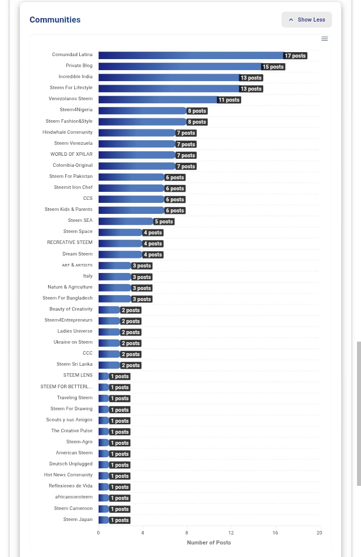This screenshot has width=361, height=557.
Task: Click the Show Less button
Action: point(307,20)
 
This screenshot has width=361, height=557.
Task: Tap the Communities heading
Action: point(55,20)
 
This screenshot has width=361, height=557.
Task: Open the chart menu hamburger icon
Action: point(324,39)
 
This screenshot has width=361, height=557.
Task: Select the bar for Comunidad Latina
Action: point(191,55)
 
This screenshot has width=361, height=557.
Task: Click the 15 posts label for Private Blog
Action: point(273,67)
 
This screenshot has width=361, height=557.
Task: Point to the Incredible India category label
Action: point(75,77)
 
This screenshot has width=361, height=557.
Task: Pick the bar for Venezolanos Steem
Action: point(157,99)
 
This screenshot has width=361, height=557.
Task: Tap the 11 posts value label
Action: point(229,100)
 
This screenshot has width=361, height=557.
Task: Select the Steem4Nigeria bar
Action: point(142,110)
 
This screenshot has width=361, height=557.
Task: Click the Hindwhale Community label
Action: point(67,132)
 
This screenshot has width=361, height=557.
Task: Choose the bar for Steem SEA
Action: point(125,221)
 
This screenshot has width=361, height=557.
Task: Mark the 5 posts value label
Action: point(164,221)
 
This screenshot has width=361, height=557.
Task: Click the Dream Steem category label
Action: point(77,254)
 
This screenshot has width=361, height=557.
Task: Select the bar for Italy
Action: point(114,276)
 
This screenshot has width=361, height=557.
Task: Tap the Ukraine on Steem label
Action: point(73,342)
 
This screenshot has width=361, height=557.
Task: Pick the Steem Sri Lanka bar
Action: point(109,365)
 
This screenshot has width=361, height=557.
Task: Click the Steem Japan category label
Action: point(78,519)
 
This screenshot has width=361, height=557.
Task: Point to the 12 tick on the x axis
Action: point(231,532)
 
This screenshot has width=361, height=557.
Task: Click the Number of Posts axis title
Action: point(209,542)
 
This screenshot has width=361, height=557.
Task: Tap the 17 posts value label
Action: point(295,56)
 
